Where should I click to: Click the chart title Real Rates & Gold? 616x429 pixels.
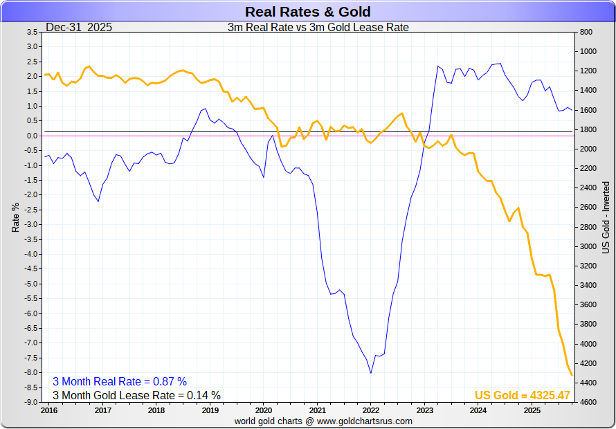click(307, 12)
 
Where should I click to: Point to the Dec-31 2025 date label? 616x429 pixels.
click(79, 28)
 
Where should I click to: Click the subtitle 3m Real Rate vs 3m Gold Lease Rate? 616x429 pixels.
click(318, 28)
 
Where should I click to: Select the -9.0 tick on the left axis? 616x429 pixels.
click(31, 402)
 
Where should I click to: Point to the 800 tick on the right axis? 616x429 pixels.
click(585, 33)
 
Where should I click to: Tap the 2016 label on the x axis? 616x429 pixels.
click(49, 410)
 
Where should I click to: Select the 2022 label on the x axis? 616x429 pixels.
click(371, 410)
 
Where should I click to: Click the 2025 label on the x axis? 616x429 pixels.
click(532, 410)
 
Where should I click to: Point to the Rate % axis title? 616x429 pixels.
click(16, 217)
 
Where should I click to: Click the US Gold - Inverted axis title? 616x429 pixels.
click(606, 217)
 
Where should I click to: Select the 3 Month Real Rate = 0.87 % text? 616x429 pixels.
click(120, 381)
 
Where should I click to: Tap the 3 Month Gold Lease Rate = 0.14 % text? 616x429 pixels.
click(136, 395)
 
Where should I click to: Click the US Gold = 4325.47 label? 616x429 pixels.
click(522, 395)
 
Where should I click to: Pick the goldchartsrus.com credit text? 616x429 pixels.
click(323, 421)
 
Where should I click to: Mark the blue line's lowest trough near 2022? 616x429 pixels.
click(371, 373)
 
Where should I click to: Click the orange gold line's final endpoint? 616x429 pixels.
click(572, 376)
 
